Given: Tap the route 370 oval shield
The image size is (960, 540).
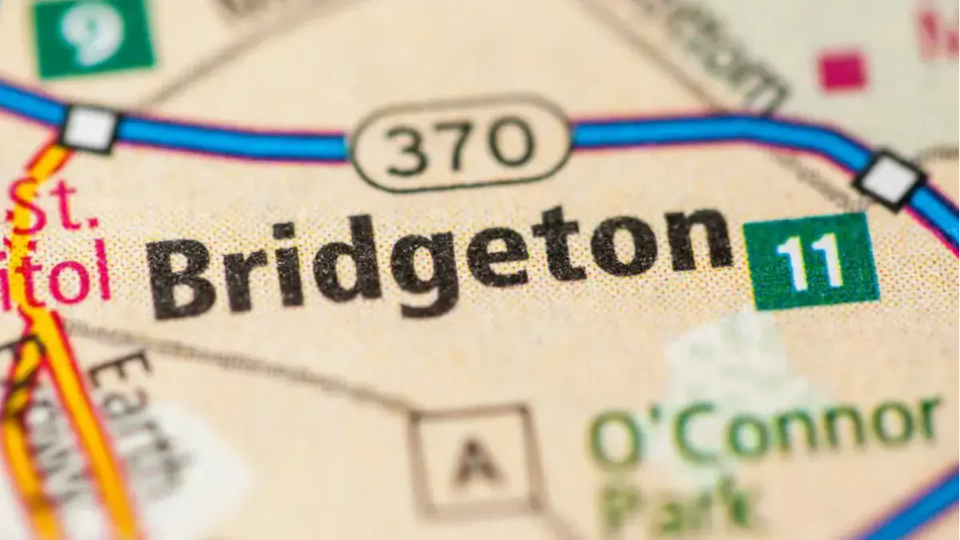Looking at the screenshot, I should (x=460, y=144).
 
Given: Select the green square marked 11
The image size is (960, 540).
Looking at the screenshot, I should (x=810, y=261).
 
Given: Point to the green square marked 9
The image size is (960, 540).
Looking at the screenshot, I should (x=92, y=34).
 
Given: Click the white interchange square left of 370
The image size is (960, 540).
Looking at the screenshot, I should (x=89, y=127).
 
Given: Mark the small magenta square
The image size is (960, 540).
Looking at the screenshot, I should (x=842, y=70).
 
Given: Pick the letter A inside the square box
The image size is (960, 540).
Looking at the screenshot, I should (x=474, y=462).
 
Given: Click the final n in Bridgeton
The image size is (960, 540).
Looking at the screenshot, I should (x=699, y=240).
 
